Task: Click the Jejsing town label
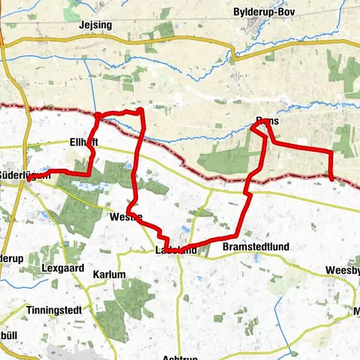click(x=94, y=25)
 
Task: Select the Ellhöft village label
click(x=83, y=142)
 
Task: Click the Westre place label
click(x=125, y=217)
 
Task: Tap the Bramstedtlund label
click(x=256, y=247)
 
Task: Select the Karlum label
click(x=109, y=275)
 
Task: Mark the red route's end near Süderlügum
click(x=28, y=178)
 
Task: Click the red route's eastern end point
click(x=332, y=178)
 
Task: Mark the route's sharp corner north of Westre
click(x=140, y=110)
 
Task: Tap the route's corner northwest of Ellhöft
click(x=97, y=115)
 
